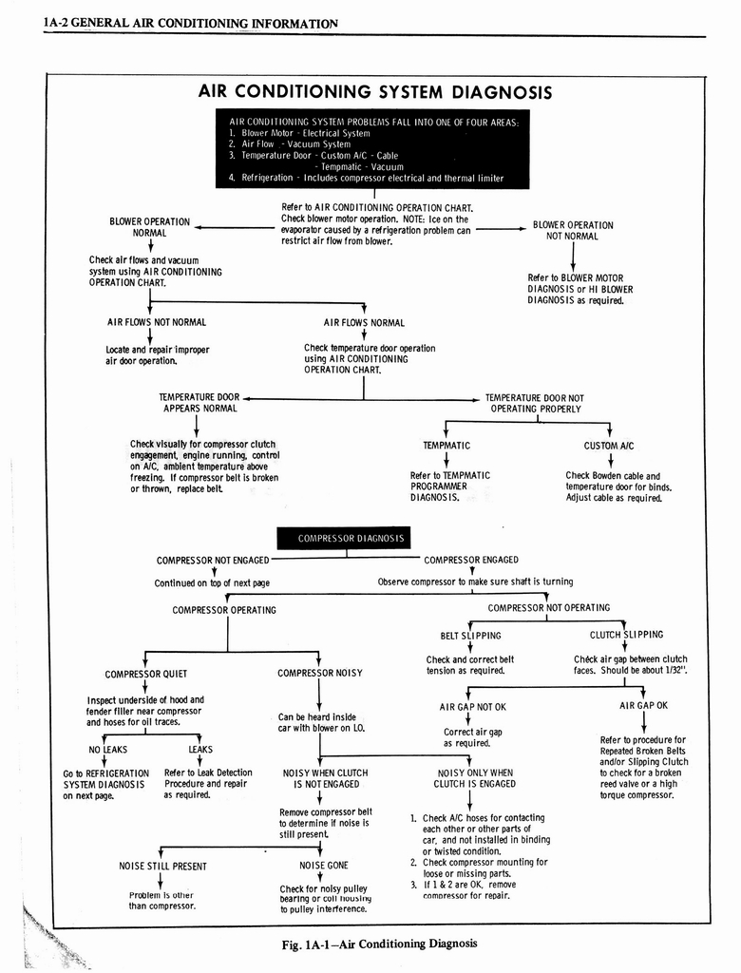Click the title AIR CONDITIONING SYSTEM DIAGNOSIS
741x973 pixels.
pyautogui.click(x=374, y=92)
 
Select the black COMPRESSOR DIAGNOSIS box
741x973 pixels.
pyautogui.click(x=351, y=539)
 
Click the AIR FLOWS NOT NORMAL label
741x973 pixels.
pyautogui.click(x=157, y=322)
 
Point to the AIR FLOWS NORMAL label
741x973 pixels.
pyautogui.click(x=364, y=323)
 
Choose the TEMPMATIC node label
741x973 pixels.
pyautogui.click(x=446, y=445)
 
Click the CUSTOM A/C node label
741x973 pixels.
pyautogui.click(x=609, y=445)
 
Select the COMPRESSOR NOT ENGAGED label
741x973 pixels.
pyautogui.click(x=213, y=561)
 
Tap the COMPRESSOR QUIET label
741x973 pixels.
pyautogui.click(x=145, y=675)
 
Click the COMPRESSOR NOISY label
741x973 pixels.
pyautogui.click(x=320, y=674)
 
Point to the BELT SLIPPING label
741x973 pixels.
pyautogui.click(x=470, y=636)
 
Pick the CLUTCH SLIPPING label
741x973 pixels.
pyautogui.click(x=626, y=635)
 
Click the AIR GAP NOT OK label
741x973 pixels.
pyautogui.click(x=472, y=707)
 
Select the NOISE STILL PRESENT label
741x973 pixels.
pyautogui.click(x=162, y=866)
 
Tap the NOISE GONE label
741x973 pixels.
pyautogui.click(x=324, y=866)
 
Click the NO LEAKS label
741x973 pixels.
pyautogui.click(x=107, y=749)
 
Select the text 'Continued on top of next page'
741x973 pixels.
pyautogui.click(x=212, y=582)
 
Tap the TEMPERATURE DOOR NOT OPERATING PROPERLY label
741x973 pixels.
pyautogui.click(x=535, y=403)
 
